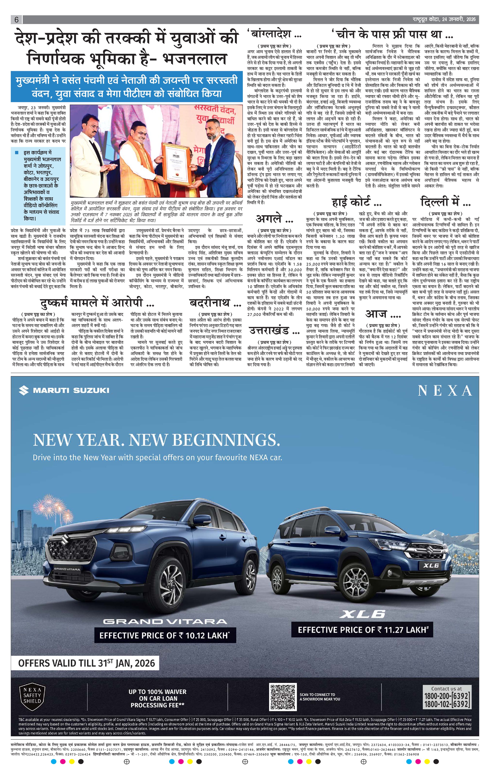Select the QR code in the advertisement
point(283,697)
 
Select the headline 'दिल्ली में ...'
point(445,203)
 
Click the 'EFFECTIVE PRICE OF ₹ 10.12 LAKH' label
point(165,635)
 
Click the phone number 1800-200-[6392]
point(446,695)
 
